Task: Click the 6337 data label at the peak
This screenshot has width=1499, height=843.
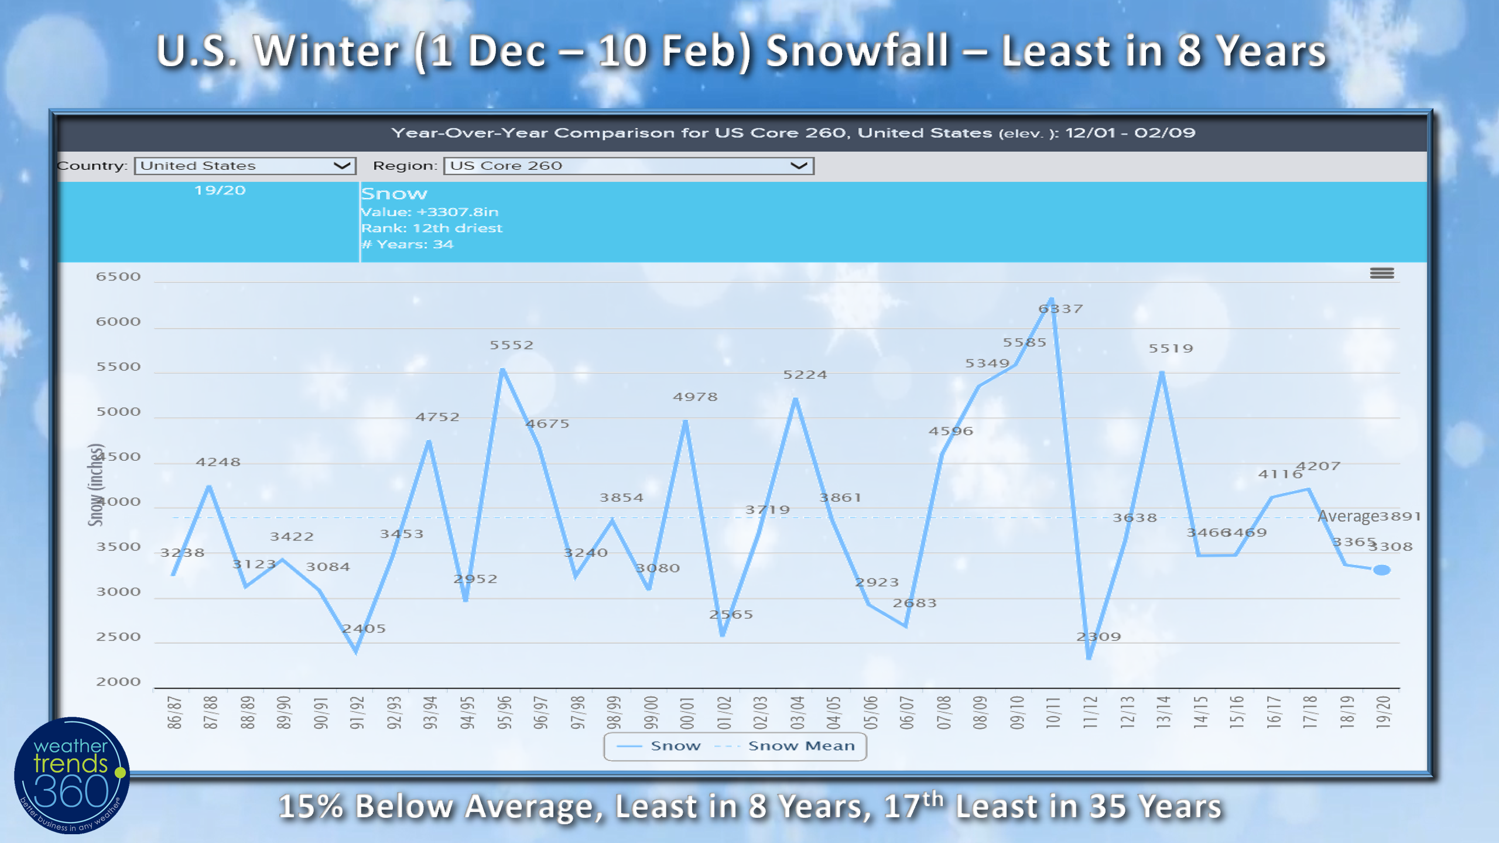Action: tap(1060, 309)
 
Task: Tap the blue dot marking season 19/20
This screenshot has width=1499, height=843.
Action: tap(1382, 570)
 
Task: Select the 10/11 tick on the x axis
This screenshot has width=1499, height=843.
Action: tap(1053, 712)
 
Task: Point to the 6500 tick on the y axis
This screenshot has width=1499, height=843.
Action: tap(118, 276)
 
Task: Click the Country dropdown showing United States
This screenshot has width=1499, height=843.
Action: tap(245, 166)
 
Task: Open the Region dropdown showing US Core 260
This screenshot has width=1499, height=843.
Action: tap(628, 166)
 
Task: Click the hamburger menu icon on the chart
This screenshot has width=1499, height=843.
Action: tap(1382, 273)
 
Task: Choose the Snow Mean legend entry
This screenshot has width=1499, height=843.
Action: tap(800, 746)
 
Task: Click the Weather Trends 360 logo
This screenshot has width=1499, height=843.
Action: tap(71, 775)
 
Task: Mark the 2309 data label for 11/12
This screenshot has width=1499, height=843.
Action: tap(1098, 636)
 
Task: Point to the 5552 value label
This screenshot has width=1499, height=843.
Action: tap(512, 345)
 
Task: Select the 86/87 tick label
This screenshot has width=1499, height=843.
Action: tap(174, 712)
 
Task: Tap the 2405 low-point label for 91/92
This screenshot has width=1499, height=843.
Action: tap(364, 628)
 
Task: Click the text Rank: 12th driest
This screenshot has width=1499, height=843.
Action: tap(432, 228)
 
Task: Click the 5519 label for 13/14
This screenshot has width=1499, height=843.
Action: tap(1171, 348)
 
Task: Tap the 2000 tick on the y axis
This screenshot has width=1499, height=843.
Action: tap(118, 681)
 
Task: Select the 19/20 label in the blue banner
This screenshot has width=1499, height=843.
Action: tap(220, 190)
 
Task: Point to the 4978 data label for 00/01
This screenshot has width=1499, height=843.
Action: tap(695, 396)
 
